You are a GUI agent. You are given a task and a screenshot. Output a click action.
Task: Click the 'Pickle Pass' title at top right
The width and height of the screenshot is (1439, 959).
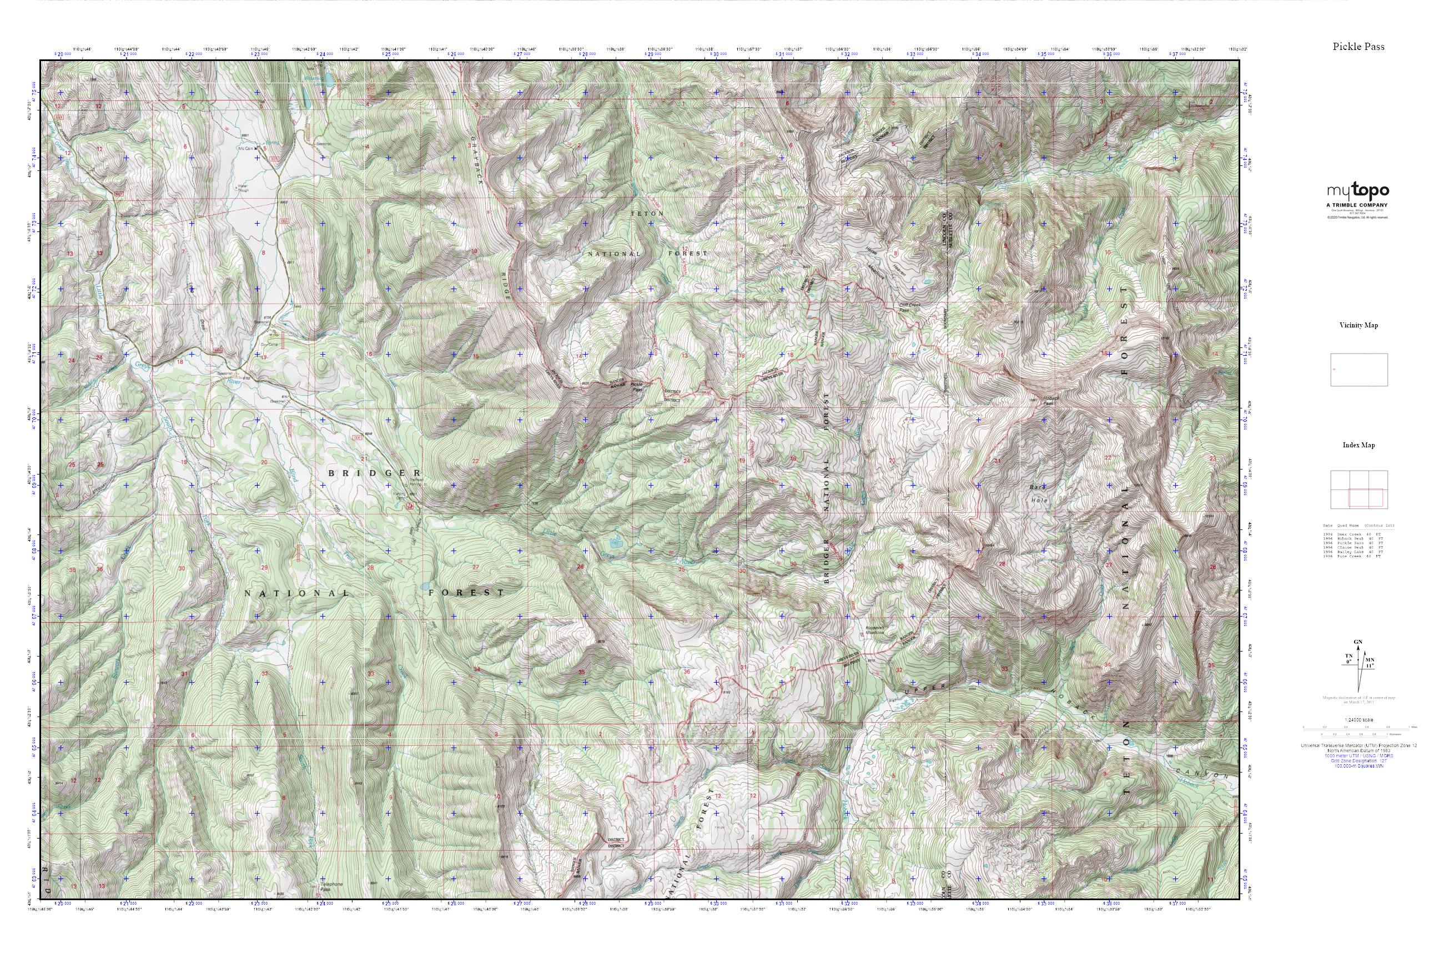pyautogui.click(x=1359, y=47)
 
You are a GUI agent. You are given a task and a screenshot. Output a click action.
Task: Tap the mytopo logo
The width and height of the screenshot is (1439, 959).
pyautogui.click(x=1357, y=191)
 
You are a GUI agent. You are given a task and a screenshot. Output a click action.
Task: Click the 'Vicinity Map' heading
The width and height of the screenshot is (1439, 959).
pyautogui.click(x=1359, y=325)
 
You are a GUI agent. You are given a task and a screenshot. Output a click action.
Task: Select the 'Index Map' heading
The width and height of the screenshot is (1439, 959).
pyautogui.click(x=1359, y=445)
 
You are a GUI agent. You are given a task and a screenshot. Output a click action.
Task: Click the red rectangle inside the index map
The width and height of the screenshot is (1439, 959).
pyautogui.click(x=1365, y=498)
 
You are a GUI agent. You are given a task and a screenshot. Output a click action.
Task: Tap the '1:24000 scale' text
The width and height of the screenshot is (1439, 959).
pyautogui.click(x=1359, y=720)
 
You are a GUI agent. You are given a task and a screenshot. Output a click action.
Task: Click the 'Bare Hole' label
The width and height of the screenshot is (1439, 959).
pyautogui.click(x=1039, y=493)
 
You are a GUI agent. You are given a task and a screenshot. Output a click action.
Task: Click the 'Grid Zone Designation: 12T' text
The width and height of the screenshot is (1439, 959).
pyautogui.click(x=1359, y=761)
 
